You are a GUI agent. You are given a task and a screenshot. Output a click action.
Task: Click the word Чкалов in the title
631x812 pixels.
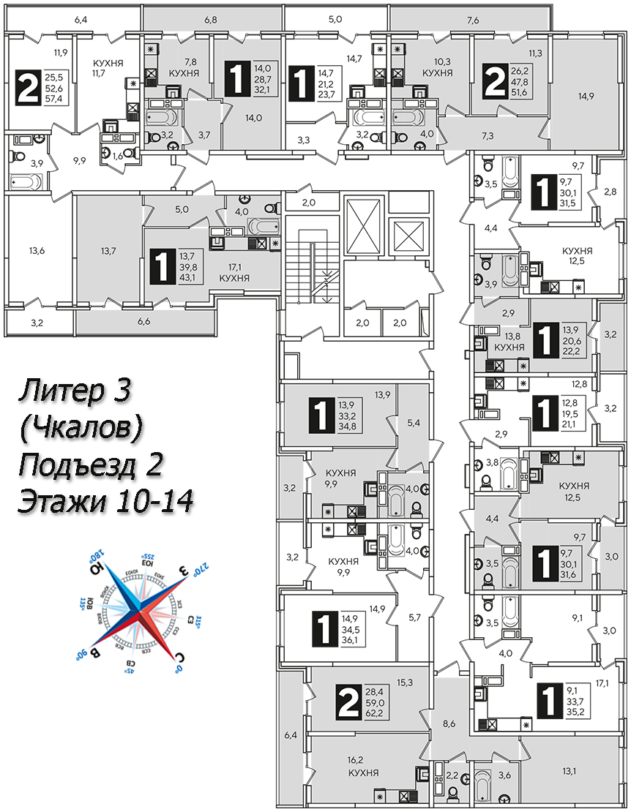pos(80,429)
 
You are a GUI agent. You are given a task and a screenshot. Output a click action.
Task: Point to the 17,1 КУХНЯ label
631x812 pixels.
pos(234,273)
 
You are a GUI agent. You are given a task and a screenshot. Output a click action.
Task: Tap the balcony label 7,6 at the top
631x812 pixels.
pos(473,20)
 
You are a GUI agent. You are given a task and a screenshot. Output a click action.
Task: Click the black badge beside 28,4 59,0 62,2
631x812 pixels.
pos(346,703)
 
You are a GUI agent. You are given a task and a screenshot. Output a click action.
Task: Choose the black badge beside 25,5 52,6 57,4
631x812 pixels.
pos(28,89)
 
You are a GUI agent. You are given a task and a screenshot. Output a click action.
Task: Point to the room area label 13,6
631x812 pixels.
pos(37,251)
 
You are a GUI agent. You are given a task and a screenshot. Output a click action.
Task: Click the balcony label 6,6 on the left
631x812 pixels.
pos(143,321)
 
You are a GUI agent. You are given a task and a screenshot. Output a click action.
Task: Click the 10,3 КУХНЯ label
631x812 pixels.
pos(436,69)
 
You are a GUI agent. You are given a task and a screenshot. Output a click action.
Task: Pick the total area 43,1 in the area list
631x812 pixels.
pos(184,279)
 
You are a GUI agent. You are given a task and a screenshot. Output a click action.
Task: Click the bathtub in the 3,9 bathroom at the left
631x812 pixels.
pos(27,181)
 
